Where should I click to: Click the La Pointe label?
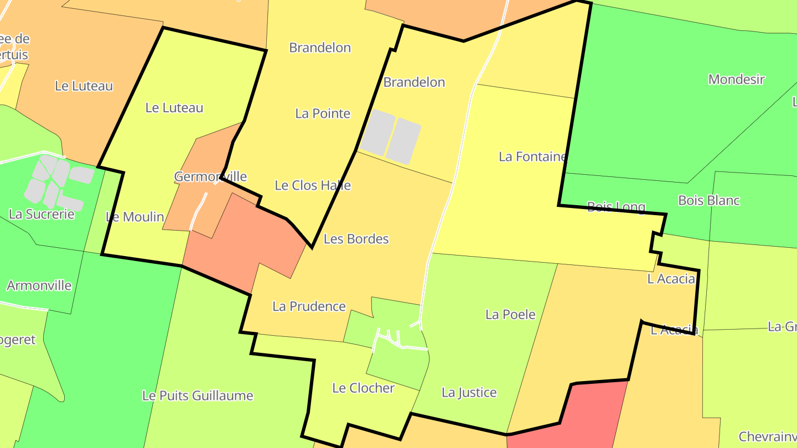pyautogui.click(x=323, y=113)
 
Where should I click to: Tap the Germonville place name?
pyautogui.click(x=210, y=176)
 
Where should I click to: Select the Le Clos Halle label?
pyautogui.click(x=313, y=185)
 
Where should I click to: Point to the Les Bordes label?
pyautogui.click(x=356, y=239)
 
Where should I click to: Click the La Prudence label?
pyautogui.click(x=309, y=306)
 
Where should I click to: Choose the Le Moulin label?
pyautogui.click(x=135, y=217)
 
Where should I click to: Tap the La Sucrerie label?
pyautogui.click(x=42, y=214)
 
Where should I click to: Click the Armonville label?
pyautogui.click(x=39, y=286)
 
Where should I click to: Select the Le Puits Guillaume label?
pyautogui.click(x=198, y=396)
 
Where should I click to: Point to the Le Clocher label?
pyautogui.click(x=363, y=388)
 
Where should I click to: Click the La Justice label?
pyautogui.click(x=469, y=393)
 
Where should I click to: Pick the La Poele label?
pyautogui.click(x=510, y=315)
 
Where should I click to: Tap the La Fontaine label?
pyautogui.click(x=533, y=157)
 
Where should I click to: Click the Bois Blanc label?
pyautogui.click(x=709, y=200)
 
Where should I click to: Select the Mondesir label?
pyautogui.click(x=736, y=79)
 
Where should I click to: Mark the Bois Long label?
pyautogui.click(x=616, y=207)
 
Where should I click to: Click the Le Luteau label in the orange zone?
pyautogui.click(x=84, y=86)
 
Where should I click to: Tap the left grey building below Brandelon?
pyautogui.click(x=377, y=131)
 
